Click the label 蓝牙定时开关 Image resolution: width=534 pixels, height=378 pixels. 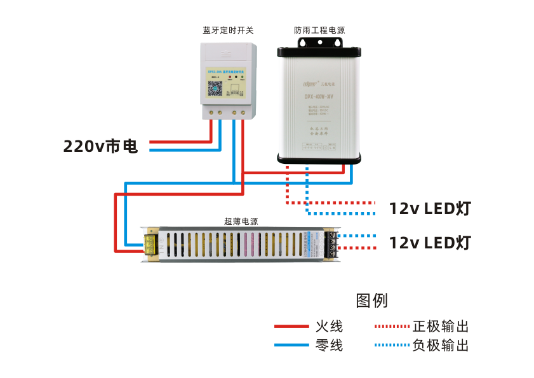[x=228, y=30]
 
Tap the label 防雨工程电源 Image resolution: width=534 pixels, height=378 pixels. [x=320, y=30]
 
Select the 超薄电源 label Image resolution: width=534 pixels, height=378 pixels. [x=241, y=221]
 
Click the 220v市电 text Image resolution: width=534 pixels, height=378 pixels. [x=100, y=147]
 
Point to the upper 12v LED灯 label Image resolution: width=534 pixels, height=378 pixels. [x=430, y=208]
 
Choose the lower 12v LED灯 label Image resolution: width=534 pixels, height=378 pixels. [x=430, y=243]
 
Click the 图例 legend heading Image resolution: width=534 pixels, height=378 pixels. [x=372, y=300]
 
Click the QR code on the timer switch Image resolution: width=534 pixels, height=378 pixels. [x=215, y=88]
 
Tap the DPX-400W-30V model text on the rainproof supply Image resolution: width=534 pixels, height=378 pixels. [x=319, y=97]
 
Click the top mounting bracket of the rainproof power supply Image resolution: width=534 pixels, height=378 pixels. [x=319, y=43]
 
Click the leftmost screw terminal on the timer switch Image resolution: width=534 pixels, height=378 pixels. [x=210, y=112]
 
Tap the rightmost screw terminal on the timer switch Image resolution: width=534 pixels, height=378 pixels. [x=243, y=112]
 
